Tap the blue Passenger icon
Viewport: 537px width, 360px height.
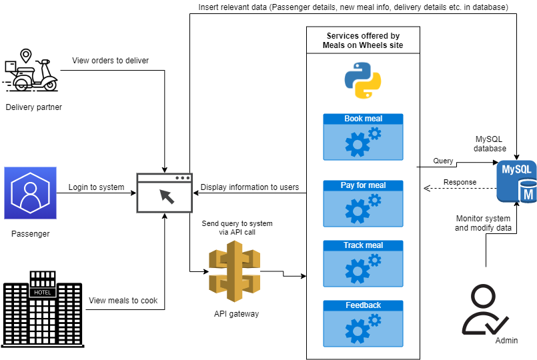point(30,193)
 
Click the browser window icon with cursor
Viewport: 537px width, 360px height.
point(164,193)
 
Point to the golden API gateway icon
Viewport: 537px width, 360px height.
point(233,271)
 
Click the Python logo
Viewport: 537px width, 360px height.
point(363,81)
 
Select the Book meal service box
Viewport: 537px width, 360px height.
point(363,137)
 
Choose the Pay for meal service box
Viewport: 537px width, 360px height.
point(363,203)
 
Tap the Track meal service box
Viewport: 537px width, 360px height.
point(363,263)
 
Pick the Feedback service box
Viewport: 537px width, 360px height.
point(363,323)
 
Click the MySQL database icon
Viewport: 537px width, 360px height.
point(517,181)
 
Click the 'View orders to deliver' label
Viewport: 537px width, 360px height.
point(110,61)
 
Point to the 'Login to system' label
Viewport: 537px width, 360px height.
point(96,187)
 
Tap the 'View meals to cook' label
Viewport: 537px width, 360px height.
point(123,301)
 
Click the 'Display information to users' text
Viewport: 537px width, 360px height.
point(249,187)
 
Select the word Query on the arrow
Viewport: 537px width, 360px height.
point(443,161)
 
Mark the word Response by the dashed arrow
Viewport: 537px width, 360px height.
point(460,182)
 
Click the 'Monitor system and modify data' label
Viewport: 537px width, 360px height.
point(483,223)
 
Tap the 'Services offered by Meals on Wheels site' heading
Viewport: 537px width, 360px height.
point(363,40)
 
